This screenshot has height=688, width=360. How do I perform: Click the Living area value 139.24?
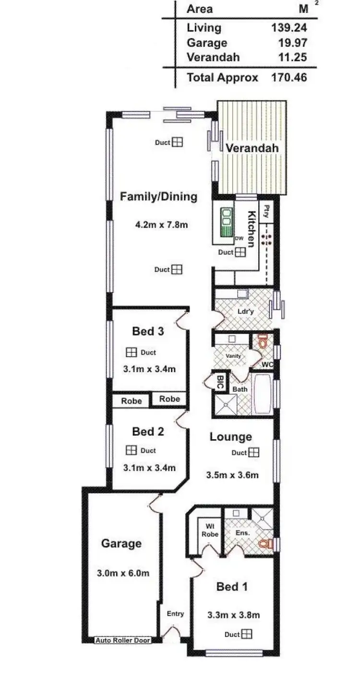[x=289, y=28]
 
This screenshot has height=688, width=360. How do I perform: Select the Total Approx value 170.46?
[x=289, y=77]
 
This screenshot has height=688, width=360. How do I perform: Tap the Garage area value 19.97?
[x=292, y=43]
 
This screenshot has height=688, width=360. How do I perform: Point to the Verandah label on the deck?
[x=252, y=148]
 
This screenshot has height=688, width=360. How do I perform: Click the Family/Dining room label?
[x=158, y=196]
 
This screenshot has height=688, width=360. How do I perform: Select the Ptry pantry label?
[x=266, y=211]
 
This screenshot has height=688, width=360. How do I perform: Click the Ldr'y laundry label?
[x=245, y=311]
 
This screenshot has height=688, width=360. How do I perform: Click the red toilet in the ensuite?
[x=264, y=544]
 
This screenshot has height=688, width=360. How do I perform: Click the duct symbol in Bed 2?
[x=131, y=450]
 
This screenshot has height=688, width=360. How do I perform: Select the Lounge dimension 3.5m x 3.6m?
[x=232, y=475]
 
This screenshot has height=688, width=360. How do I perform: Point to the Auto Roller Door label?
[x=122, y=640]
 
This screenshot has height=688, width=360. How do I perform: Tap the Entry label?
[x=175, y=614]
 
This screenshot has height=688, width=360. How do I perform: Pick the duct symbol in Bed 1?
[x=246, y=634]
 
